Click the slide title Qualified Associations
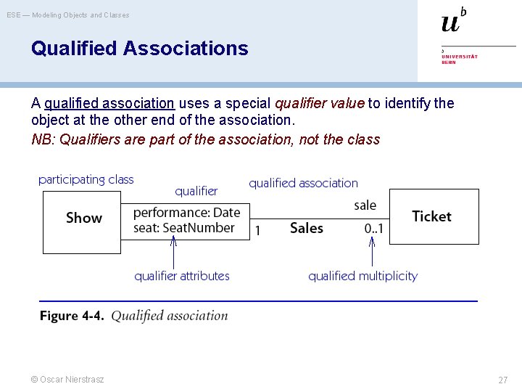pos(139,49)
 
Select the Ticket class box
pos(434,216)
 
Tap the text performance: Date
pos(186,213)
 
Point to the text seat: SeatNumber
pos(184,228)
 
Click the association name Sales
pos(306,228)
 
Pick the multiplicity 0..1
pos(373,229)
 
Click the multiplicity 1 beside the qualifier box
pos(257,230)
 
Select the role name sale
pos(365,205)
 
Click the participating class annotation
pos(86,179)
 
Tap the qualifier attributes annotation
pos(182,276)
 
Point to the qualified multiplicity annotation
pos(362,276)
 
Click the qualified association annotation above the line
pos(303,184)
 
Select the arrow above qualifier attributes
pos(173,253)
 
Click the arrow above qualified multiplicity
pos(372,253)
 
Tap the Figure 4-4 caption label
pos(72,316)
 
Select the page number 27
pos(502,380)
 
